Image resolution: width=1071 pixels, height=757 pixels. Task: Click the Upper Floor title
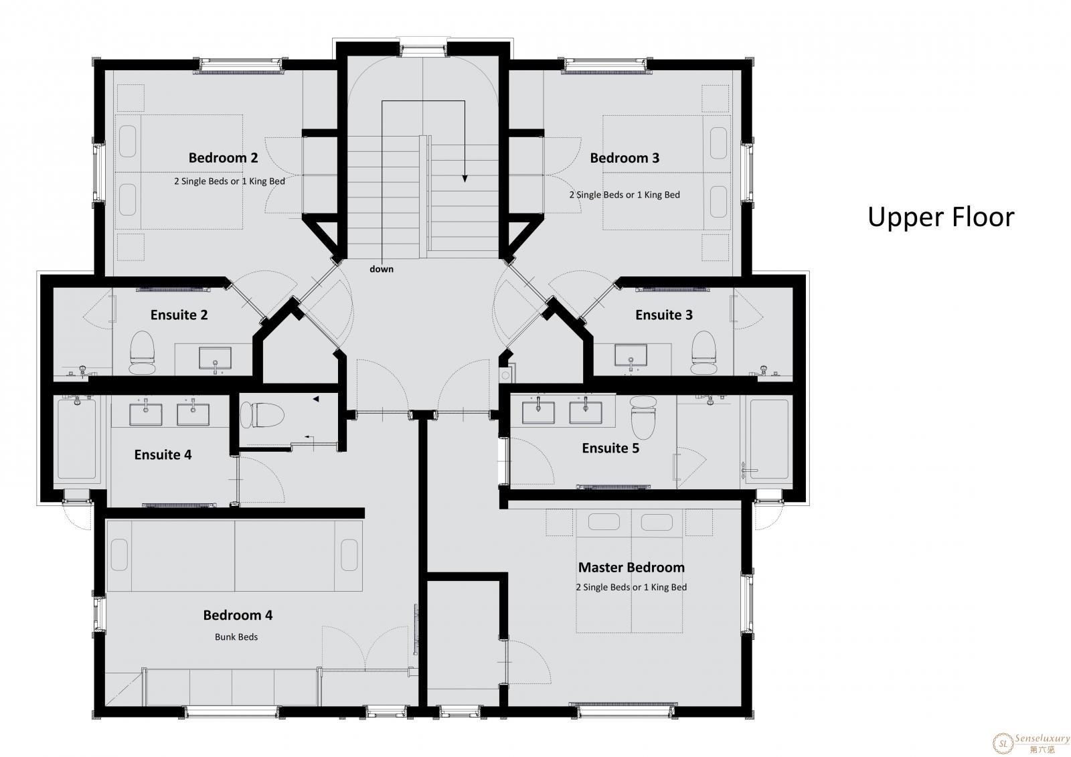click(940, 218)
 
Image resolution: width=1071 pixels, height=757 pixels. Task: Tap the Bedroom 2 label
click(224, 158)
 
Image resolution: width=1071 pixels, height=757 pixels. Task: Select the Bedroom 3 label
click(625, 158)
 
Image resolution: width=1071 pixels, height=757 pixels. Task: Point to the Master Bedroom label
click(631, 568)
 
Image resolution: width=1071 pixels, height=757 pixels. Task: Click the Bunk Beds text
click(236, 637)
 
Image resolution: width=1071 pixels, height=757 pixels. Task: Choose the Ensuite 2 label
click(179, 315)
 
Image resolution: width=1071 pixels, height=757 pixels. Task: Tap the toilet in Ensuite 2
click(143, 353)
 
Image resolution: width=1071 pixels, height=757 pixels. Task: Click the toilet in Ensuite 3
click(704, 353)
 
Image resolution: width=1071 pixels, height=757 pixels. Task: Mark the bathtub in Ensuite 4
click(76, 440)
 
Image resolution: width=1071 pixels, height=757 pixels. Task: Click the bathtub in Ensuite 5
click(769, 440)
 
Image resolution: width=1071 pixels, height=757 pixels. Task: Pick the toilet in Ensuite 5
click(643, 418)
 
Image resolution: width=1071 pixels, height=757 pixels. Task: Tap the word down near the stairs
click(382, 269)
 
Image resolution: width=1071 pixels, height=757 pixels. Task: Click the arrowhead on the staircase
click(465, 178)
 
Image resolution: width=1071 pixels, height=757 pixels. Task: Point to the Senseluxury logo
click(1030, 744)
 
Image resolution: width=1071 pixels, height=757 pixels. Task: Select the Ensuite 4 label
click(163, 454)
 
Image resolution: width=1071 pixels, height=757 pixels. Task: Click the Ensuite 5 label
click(610, 448)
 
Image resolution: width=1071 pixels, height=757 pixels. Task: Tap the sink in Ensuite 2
click(215, 359)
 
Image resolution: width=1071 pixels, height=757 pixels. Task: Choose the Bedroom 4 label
click(238, 615)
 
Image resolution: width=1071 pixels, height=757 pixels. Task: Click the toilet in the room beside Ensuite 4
click(262, 414)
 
